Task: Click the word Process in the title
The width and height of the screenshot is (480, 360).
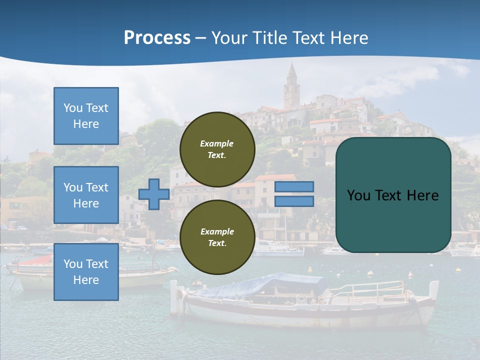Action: coord(157,38)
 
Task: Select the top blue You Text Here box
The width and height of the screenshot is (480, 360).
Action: coord(86,116)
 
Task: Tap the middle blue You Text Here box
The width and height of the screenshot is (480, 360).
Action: coord(86,195)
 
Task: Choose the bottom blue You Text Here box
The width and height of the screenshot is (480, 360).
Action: coord(86,272)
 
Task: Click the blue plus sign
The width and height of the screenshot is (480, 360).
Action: coord(154,194)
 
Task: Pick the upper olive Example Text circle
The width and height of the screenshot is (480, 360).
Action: coord(217,149)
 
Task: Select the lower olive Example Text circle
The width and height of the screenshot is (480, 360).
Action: coord(217,237)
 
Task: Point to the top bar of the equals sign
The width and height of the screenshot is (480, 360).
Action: coord(294,186)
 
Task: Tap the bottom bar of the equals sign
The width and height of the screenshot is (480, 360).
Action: coord(294,201)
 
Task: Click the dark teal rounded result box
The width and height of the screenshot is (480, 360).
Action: coord(393,220)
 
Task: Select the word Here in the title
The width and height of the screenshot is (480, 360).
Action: coord(349,38)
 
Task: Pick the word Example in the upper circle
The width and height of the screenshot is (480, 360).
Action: coord(217,143)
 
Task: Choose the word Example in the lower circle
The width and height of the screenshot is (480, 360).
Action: coord(217,231)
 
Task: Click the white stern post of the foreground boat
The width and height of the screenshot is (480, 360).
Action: coord(173,298)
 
